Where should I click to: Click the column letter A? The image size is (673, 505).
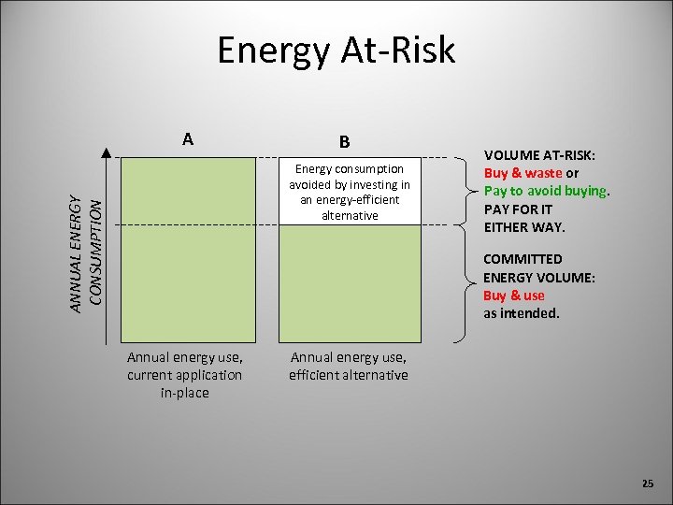(189, 139)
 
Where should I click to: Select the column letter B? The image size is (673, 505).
(345, 142)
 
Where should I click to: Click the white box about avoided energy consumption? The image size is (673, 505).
(349, 192)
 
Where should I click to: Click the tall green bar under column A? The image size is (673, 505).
(190, 249)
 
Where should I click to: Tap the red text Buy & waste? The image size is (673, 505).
(523, 173)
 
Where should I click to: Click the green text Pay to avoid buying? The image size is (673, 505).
(545, 191)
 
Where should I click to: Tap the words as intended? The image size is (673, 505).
(521, 313)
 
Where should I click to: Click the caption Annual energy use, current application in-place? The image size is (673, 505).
(184, 374)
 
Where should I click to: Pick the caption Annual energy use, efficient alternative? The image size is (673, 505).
(349, 366)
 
